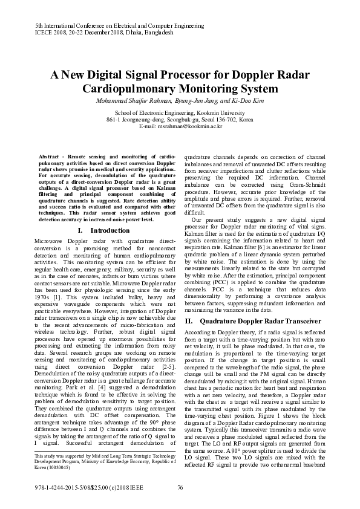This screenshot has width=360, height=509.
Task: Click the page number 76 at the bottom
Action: click(180, 488)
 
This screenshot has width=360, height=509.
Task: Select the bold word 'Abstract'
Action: click(48, 156)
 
